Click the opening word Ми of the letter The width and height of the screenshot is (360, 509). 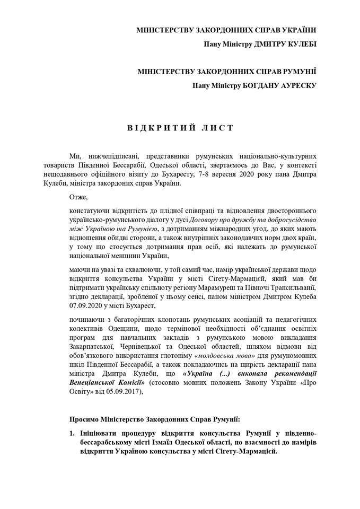point(74,156)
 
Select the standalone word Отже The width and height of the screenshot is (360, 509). point(77,197)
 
